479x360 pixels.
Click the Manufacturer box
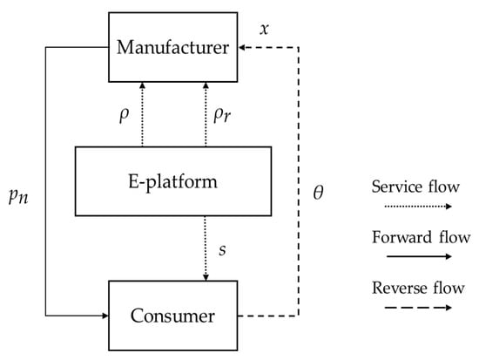[x=172, y=46]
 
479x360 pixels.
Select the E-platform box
[x=172, y=181]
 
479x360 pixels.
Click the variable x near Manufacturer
[x=265, y=29]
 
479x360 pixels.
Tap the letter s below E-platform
[x=222, y=250]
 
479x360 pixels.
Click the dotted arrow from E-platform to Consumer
[x=206, y=248]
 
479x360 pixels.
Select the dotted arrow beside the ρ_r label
[x=206, y=113]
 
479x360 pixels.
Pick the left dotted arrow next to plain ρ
[x=141, y=113]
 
